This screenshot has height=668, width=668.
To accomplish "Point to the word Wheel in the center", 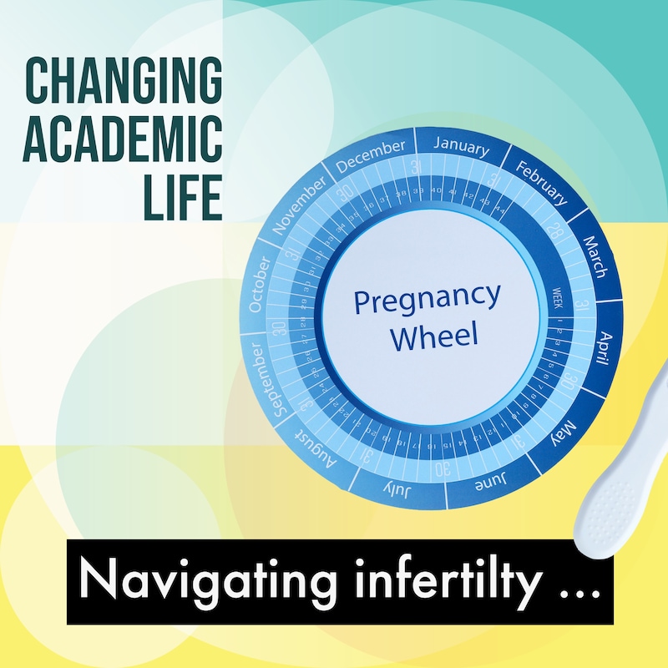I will (x=435, y=337).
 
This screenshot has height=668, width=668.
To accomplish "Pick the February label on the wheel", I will (x=542, y=180).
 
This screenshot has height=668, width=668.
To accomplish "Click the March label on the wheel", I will (x=595, y=254).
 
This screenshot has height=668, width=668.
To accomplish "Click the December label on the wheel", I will (x=370, y=156).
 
